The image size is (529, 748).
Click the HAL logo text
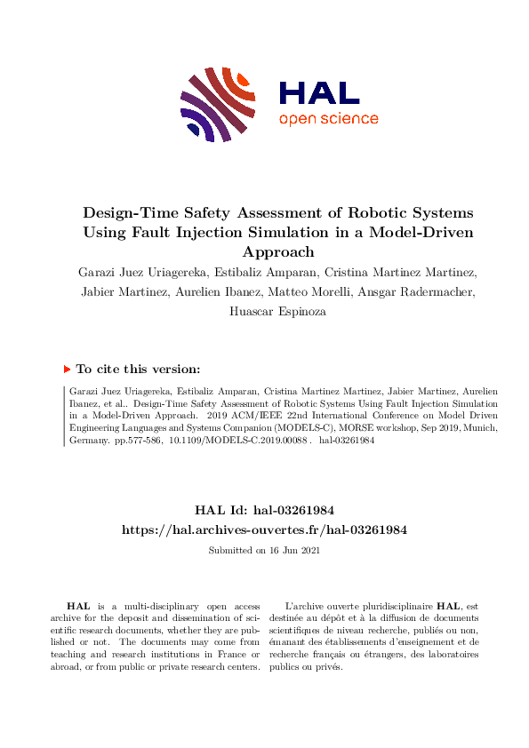pos(318,92)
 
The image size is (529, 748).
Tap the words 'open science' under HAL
pos(328,119)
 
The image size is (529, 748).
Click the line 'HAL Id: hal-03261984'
pos(264,510)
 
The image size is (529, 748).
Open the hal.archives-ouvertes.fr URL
pos(264,529)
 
